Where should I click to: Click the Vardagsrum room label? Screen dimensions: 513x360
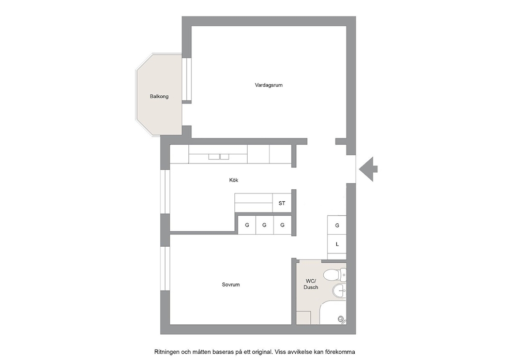[x=268, y=85]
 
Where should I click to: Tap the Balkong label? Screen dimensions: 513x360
[x=159, y=97]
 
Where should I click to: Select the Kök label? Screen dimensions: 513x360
[x=234, y=180]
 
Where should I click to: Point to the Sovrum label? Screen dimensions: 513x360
[x=231, y=284]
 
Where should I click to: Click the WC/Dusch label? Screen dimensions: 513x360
[x=310, y=284]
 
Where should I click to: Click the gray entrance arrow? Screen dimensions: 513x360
[x=368, y=169]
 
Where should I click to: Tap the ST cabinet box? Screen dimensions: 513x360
[x=282, y=203]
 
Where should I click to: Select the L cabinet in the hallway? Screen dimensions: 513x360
[x=337, y=244]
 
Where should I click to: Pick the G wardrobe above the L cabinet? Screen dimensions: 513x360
[x=337, y=225]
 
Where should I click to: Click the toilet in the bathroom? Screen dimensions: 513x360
[x=335, y=275]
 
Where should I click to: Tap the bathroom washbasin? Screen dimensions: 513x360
[x=340, y=291]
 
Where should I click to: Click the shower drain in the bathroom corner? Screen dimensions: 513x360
[x=341, y=319]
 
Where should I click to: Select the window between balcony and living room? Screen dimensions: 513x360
[x=187, y=79]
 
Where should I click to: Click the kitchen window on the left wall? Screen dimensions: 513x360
[x=165, y=192]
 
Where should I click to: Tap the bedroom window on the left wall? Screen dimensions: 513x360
[x=165, y=268]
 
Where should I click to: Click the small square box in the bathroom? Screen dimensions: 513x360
[x=303, y=318]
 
